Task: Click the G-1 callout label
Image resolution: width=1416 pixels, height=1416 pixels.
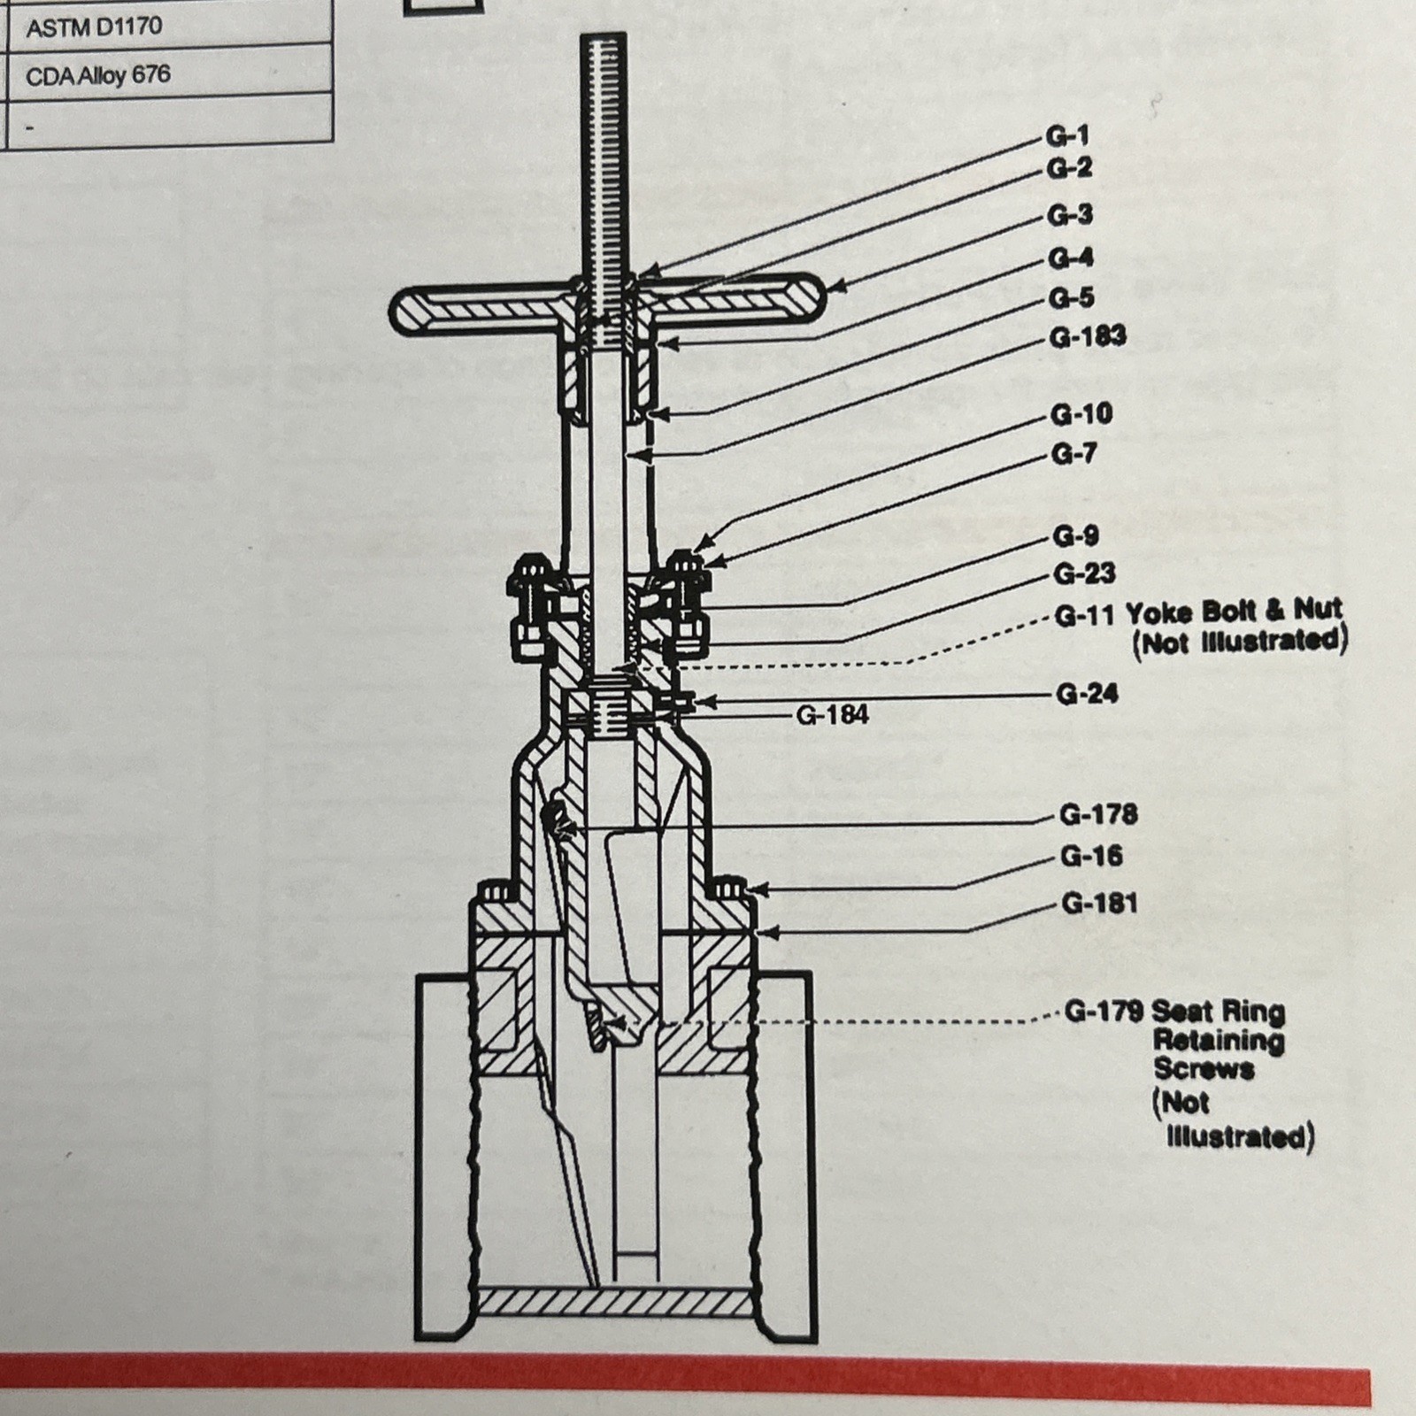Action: [x=1068, y=135]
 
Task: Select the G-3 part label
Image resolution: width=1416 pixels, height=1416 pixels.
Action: [x=1070, y=215]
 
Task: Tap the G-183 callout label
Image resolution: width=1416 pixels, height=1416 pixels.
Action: [x=1088, y=336]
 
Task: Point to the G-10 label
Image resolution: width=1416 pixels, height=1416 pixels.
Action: [x=1082, y=414]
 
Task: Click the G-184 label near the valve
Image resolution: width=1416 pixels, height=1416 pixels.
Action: [x=833, y=714]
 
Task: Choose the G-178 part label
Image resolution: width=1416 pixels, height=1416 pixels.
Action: [x=1098, y=814]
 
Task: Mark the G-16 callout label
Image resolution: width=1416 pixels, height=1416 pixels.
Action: [x=1091, y=856]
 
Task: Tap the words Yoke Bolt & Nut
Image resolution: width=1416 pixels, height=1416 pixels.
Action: [x=1235, y=611]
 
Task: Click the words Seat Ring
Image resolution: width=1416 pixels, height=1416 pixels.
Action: [x=1219, y=1011]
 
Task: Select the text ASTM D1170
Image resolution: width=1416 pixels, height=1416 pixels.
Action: [x=94, y=27]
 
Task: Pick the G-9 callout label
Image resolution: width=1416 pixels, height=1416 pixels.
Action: [x=1075, y=536]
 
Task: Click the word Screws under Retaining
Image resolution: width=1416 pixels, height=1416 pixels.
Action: [x=1204, y=1068]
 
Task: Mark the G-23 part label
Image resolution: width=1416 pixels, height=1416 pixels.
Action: [x=1084, y=573]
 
